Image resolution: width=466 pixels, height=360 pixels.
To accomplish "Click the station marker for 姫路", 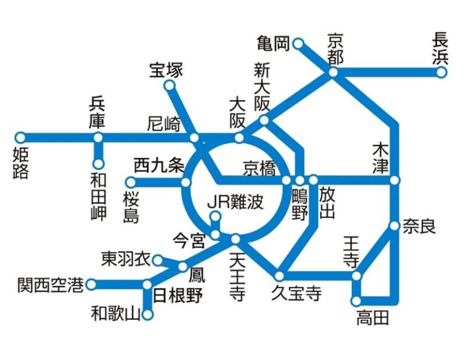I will [20, 137].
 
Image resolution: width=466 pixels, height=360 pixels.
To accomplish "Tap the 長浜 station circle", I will [442, 73].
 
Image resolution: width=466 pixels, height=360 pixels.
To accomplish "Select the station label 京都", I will [334, 49].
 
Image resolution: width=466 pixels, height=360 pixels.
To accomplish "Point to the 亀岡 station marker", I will [298, 44].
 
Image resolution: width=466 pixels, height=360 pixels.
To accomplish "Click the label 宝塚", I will [166, 70].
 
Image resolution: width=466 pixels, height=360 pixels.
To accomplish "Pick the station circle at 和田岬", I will [98, 163].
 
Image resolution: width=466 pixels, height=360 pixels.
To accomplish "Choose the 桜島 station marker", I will [130, 182].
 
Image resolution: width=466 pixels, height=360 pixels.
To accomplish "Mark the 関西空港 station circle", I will [91, 284].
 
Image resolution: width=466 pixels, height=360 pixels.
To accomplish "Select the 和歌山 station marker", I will [147, 314].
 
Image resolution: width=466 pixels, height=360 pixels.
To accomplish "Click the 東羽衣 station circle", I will [158, 260].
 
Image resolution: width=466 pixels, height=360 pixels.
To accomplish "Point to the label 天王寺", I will [237, 277].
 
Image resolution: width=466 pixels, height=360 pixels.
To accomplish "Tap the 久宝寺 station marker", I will [280, 276].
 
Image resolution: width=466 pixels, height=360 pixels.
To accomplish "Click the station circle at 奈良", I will [394, 226].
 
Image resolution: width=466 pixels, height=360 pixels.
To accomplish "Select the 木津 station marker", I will [395, 180].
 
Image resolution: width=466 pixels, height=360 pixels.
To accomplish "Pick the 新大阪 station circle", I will [264, 120].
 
